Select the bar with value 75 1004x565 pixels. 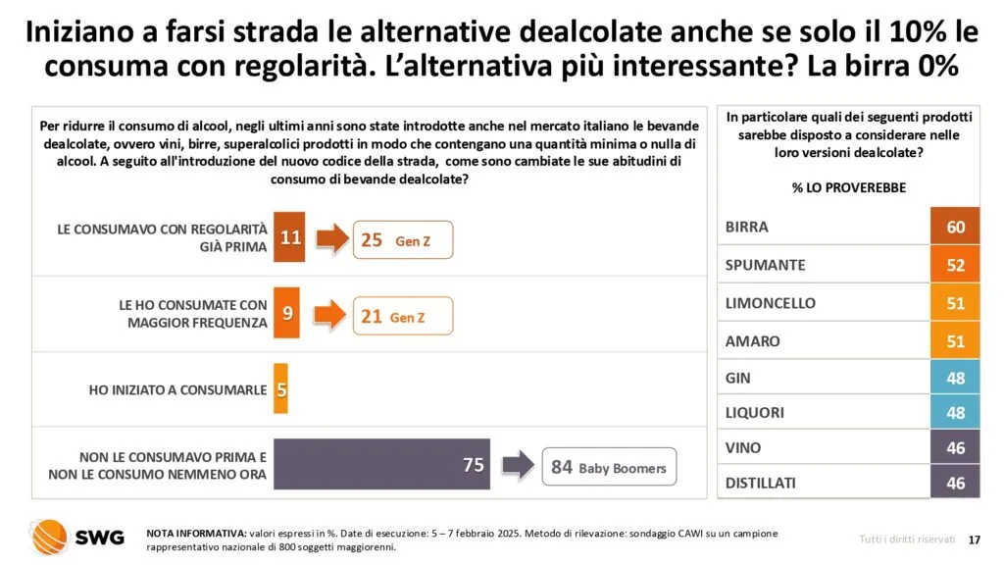tap(381, 465)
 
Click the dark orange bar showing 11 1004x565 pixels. tap(289, 237)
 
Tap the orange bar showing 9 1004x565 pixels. tap(285, 315)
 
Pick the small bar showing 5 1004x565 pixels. tap(280, 389)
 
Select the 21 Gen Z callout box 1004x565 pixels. tap(403, 317)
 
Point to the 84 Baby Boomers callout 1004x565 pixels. tap(608, 467)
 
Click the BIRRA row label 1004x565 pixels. tap(747, 228)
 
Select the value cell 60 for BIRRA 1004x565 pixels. tap(955, 228)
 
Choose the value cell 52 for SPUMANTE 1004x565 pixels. tap(955, 266)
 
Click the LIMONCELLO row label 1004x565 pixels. tap(770, 303)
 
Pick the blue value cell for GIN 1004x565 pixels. tap(955, 378)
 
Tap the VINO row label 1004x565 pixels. tap(743, 447)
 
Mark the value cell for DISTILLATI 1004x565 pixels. tap(955, 483)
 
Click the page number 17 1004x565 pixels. tap(974, 539)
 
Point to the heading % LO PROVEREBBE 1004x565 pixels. tap(849, 187)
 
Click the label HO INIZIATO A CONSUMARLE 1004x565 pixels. tap(177, 389)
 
